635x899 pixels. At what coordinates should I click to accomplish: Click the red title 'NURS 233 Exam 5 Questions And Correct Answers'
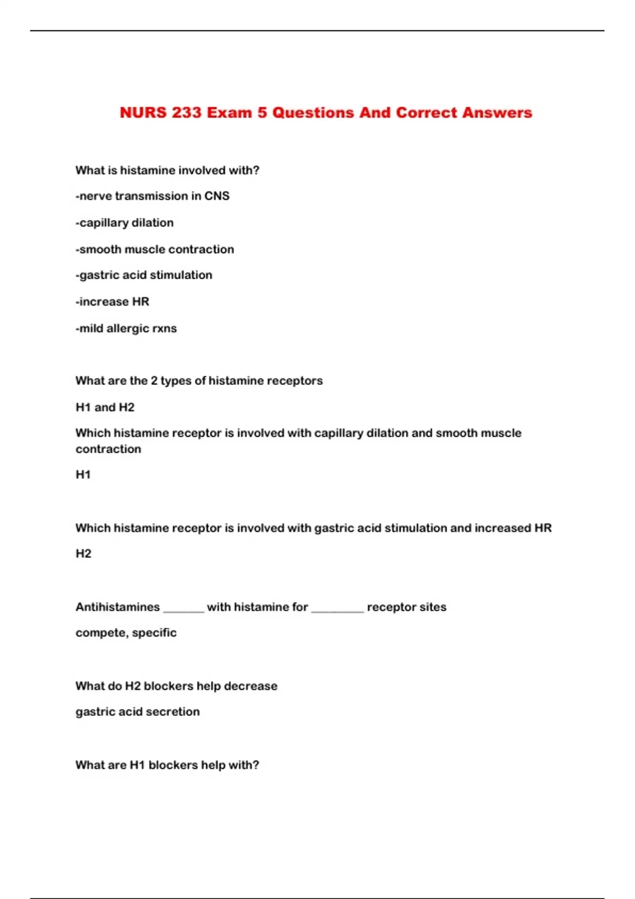click(x=325, y=113)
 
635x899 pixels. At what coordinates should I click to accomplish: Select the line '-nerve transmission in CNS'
click(x=152, y=196)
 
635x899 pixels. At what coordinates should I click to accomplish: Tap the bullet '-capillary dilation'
click(x=124, y=223)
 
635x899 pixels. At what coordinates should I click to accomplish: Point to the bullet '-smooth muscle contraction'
click(x=155, y=249)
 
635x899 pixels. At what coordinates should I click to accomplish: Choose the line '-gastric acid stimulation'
click(x=144, y=275)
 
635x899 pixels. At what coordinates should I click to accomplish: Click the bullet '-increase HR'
click(x=112, y=301)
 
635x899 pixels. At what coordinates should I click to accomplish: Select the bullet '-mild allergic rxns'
click(x=126, y=328)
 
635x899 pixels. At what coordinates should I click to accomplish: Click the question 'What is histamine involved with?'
click(x=167, y=170)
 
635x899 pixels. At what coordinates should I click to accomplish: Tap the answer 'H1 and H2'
click(x=105, y=407)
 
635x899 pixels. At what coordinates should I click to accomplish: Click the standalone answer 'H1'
click(x=83, y=474)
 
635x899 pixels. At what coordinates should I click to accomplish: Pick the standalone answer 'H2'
click(x=84, y=554)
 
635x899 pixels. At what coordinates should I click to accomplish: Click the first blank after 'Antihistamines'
click(x=184, y=609)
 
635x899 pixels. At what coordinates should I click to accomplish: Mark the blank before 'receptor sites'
click(x=338, y=609)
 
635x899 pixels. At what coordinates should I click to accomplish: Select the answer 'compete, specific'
click(x=126, y=632)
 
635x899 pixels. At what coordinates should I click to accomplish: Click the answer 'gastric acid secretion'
click(x=138, y=712)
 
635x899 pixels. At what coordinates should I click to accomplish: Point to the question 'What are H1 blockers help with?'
click(x=167, y=765)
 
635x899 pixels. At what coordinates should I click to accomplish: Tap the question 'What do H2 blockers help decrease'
click(x=176, y=686)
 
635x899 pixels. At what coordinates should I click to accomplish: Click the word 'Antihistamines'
click(x=117, y=607)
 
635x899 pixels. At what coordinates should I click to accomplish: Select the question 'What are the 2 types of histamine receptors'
click(x=199, y=381)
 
